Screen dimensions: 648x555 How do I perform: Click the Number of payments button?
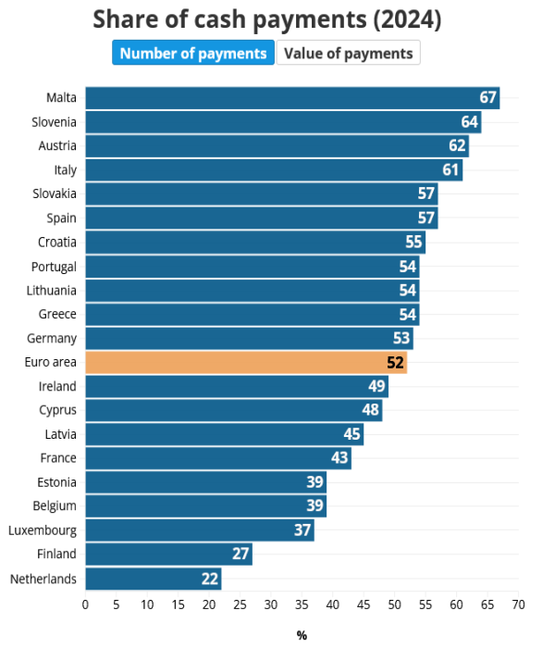pos(193,53)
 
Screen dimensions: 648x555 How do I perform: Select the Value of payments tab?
pos(348,53)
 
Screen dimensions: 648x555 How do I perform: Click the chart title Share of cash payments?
pos(267,19)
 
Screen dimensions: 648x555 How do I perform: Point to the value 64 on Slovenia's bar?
pos(469,121)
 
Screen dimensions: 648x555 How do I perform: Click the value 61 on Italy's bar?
pos(450,169)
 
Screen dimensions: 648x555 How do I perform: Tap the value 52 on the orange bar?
pos(395,362)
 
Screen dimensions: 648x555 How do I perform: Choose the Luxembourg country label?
pos(43,530)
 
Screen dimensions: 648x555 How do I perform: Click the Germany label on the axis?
pos(53,338)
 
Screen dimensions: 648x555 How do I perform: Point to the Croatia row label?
pos(57,242)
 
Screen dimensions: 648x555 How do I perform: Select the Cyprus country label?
pos(57,410)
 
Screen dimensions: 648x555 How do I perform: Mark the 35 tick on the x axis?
pos(302,605)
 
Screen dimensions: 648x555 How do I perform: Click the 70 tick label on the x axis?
pos(518,605)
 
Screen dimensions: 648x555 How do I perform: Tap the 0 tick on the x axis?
pos(85,605)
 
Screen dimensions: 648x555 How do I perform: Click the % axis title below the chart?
pos(302,635)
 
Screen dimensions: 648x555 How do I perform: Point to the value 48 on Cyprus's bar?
pos(370,410)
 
